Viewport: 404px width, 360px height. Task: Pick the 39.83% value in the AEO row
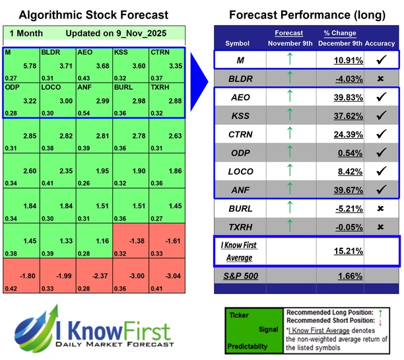(x=341, y=97)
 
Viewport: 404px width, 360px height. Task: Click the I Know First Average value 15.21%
(x=341, y=251)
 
